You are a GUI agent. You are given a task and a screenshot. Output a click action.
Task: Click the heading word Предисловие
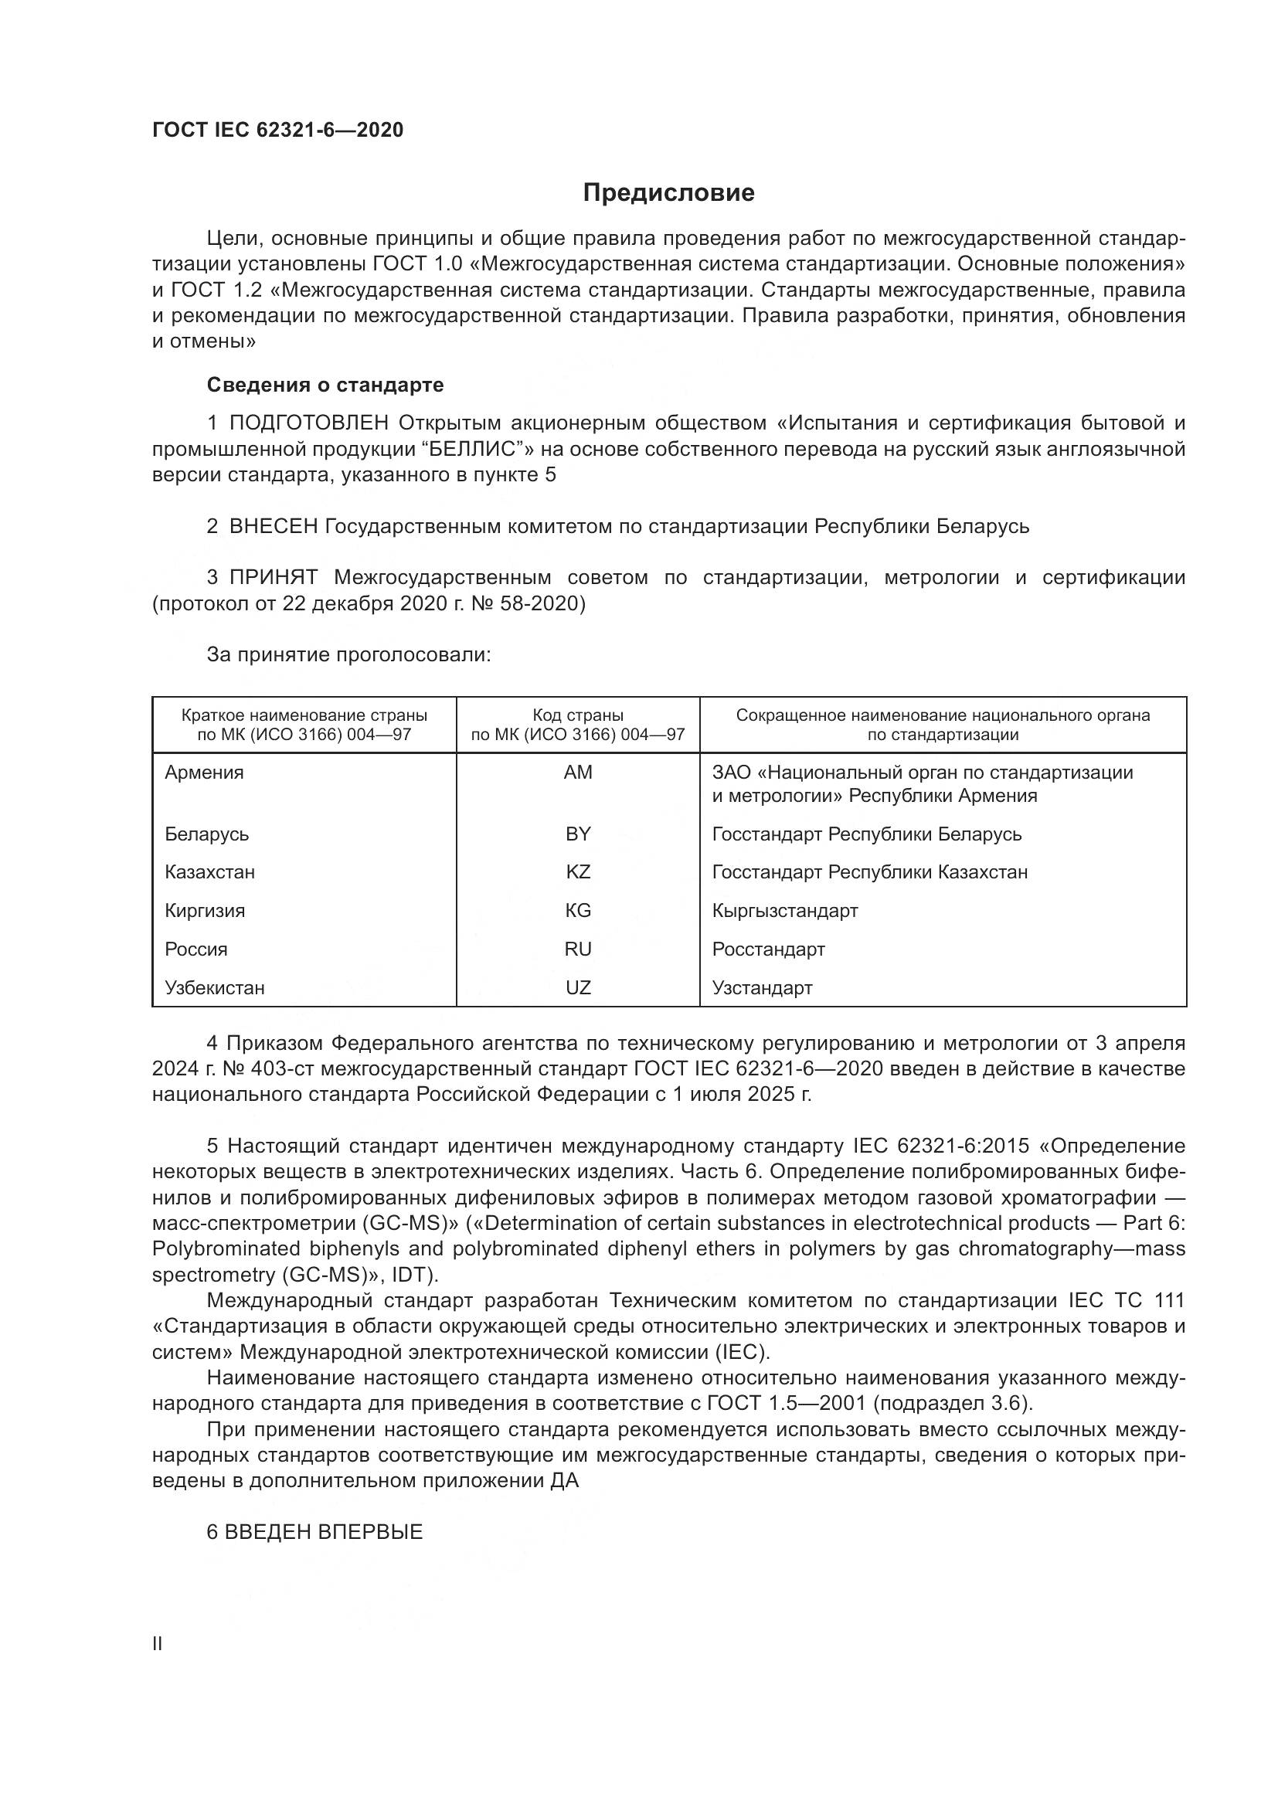click(668, 193)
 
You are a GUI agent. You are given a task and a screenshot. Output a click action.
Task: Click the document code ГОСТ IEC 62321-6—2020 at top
click(277, 130)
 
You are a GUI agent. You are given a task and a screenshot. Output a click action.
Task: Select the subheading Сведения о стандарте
click(325, 385)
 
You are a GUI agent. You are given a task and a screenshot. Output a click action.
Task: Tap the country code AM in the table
click(578, 772)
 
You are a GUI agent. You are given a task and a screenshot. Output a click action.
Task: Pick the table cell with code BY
click(578, 834)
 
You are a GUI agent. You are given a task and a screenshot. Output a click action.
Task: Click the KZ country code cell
click(578, 872)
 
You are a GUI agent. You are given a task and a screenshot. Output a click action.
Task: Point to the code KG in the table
click(578, 911)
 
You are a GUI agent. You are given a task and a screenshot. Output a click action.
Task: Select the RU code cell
click(578, 949)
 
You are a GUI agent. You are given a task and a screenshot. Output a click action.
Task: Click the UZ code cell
click(578, 988)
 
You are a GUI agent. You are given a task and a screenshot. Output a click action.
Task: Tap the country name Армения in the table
click(204, 772)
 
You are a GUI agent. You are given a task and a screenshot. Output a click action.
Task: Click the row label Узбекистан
click(214, 988)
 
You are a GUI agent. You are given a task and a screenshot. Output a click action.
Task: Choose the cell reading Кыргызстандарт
click(783, 911)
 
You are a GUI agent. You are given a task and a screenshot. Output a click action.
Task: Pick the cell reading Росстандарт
click(768, 949)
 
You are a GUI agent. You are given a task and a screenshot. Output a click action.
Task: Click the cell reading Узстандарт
click(762, 988)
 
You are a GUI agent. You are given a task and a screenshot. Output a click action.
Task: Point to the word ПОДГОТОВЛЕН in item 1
click(308, 423)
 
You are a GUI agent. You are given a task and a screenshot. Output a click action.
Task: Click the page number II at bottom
click(157, 1644)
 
